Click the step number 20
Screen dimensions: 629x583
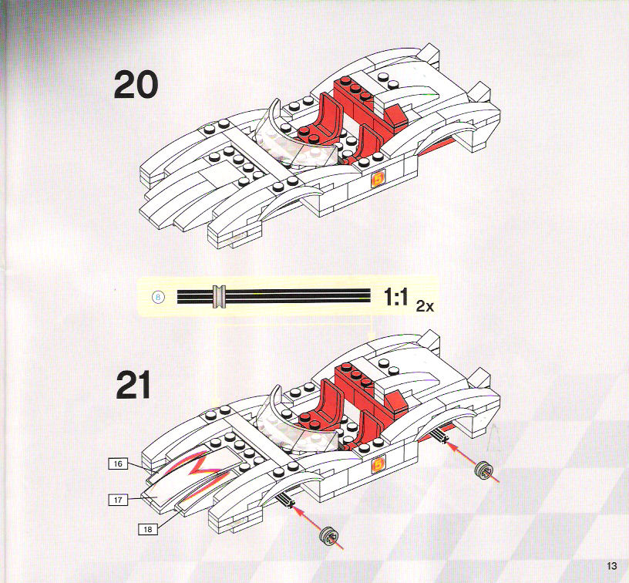click(136, 85)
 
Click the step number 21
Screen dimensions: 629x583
click(133, 384)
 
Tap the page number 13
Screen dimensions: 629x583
click(612, 566)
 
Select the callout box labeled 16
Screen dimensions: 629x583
click(118, 463)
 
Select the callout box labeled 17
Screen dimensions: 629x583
click(118, 500)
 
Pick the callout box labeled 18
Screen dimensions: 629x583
click(148, 529)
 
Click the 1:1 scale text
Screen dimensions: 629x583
click(395, 297)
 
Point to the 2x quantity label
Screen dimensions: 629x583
click(425, 307)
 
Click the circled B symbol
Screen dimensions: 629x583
click(159, 298)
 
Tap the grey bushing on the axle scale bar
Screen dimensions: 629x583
click(220, 297)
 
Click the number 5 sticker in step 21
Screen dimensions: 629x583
click(378, 464)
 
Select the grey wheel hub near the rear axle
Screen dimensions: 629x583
click(483, 470)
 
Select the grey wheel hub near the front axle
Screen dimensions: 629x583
click(328, 536)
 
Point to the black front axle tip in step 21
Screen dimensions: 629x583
click(286, 500)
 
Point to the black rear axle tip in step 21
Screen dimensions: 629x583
click(440, 436)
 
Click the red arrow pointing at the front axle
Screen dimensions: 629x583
click(317, 527)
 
